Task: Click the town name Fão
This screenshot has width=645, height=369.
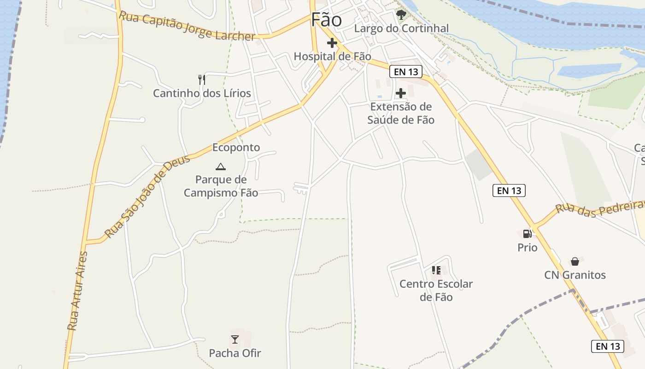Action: point(326,20)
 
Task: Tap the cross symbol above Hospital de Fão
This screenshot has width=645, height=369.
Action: point(332,43)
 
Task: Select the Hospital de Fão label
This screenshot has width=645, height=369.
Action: point(332,57)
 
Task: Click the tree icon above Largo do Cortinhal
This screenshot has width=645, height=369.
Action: point(401,15)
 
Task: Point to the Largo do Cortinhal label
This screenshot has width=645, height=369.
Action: point(401,29)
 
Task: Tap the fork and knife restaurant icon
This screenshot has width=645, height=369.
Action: point(201,79)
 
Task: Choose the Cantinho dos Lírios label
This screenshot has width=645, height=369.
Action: point(202,93)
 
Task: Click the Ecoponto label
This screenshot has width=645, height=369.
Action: point(236,148)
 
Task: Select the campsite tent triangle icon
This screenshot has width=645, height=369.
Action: point(221,167)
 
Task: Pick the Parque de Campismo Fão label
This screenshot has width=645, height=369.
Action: point(221,186)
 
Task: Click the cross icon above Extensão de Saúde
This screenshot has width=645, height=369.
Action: point(401,93)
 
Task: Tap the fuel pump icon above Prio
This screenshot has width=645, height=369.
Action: point(527,234)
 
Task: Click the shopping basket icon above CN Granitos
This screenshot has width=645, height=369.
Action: point(575,262)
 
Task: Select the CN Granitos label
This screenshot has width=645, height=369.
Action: point(575,275)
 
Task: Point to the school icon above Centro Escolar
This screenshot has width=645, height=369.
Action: point(436,270)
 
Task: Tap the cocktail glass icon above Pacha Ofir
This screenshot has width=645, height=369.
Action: point(235,339)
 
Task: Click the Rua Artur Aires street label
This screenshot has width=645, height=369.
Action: point(77,291)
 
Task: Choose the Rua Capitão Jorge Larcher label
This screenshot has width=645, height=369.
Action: point(187,26)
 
